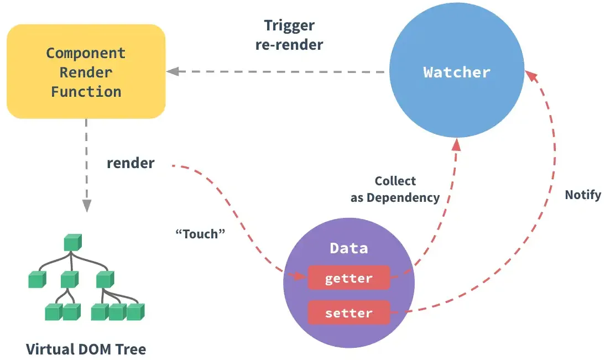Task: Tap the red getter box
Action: point(348,278)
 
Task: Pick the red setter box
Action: point(348,313)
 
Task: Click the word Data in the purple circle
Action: point(348,248)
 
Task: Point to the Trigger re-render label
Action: point(289,35)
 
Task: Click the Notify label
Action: point(582,195)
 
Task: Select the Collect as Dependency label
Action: point(395,189)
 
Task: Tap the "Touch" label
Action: point(200,233)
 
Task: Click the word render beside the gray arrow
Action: point(131,163)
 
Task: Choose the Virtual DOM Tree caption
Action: point(86,349)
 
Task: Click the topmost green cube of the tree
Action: point(72,243)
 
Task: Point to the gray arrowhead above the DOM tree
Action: point(86,205)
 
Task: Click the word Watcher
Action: point(456,72)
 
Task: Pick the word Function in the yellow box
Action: point(86,91)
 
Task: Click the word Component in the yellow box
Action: point(86,53)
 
